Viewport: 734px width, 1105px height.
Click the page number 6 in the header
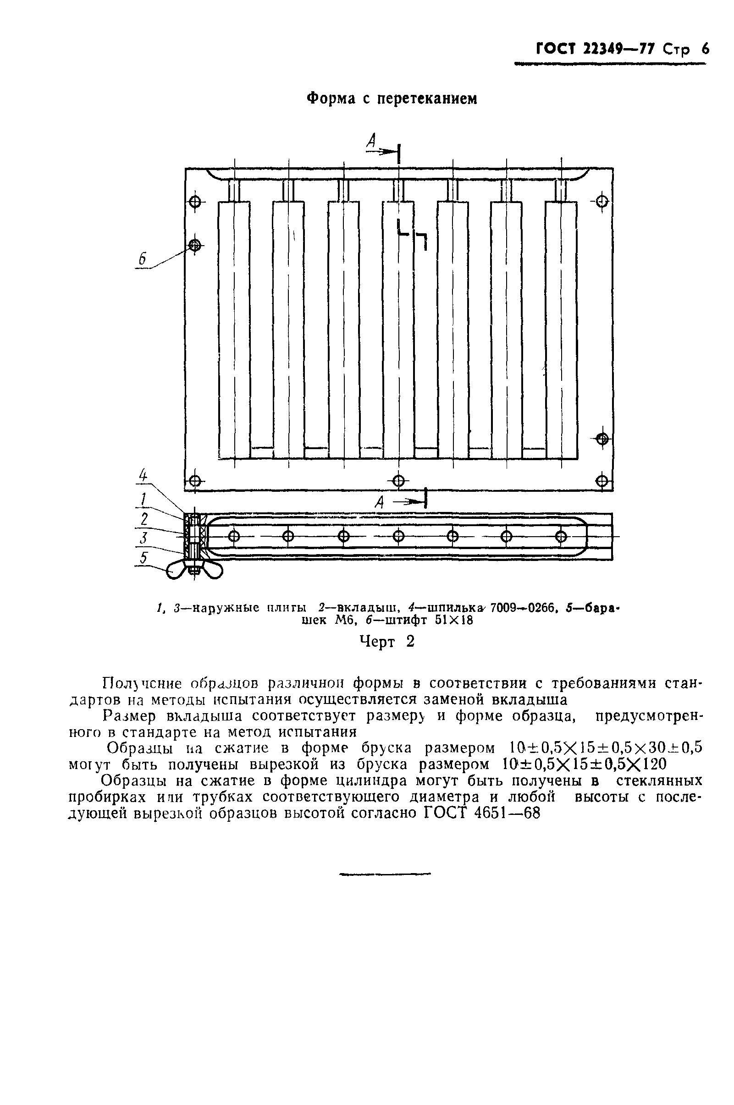point(705,49)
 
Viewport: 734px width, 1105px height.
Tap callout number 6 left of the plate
point(142,258)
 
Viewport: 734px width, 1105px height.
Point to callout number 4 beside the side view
point(143,476)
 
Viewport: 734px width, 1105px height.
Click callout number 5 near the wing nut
point(143,558)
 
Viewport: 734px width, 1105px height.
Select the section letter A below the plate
point(380,503)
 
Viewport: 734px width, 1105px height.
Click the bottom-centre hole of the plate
point(398,480)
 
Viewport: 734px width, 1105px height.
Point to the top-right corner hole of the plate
point(602,202)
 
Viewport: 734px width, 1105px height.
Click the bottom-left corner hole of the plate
point(195,481)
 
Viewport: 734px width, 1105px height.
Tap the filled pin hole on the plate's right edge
point(602,438)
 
